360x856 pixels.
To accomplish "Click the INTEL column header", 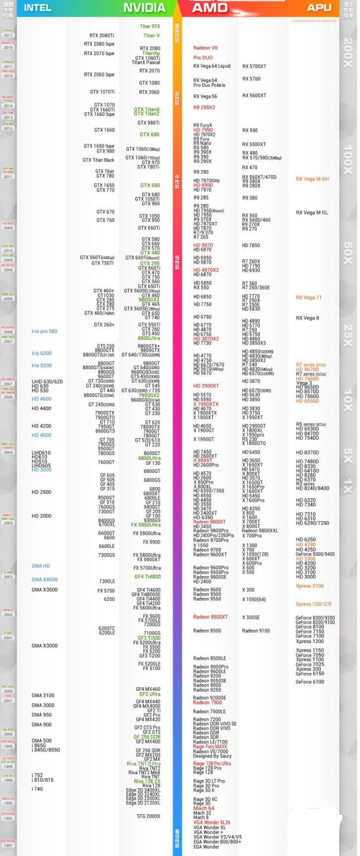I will click(37, 7).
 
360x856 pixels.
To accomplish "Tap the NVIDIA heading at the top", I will click(144, 7).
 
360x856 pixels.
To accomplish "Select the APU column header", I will click(319, 7).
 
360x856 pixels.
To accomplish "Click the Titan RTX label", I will click(150, 26).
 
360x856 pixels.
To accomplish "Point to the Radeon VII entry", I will click(205, 48).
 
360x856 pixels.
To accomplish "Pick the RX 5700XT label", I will click(254, 66).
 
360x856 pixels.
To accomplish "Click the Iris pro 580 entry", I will click(44, 331).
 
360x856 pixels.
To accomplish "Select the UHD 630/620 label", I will click(47, 381).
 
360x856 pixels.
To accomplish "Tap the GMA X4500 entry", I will click(44, 579).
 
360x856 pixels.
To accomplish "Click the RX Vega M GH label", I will click(312, 179).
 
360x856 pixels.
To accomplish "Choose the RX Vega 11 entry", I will click(309, 297).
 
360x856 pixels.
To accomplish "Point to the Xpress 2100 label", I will click(310, 586).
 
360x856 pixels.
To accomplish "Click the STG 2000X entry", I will click(148, 816).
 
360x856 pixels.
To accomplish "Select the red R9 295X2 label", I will click(204, 108).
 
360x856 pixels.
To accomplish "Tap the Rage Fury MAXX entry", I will click(210, 746).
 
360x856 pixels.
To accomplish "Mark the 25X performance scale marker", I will click(348, 335).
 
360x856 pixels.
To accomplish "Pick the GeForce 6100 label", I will click(310, 682).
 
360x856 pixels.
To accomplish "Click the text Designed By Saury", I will click(212, 756).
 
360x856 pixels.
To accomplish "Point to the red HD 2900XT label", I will click(206, 386).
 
